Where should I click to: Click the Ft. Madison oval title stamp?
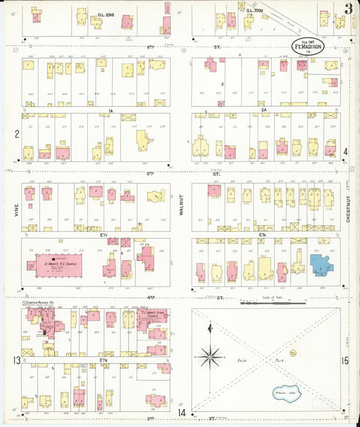[x=307, y=45]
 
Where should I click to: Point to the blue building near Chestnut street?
[x=321, y=264]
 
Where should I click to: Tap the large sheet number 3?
[x=347, y=9]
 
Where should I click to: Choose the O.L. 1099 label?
[x=253, y=11]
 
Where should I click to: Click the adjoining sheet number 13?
[x=15, y=361]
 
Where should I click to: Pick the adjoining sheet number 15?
[x=345, y=361]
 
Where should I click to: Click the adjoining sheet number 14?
[x=181, y=411]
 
